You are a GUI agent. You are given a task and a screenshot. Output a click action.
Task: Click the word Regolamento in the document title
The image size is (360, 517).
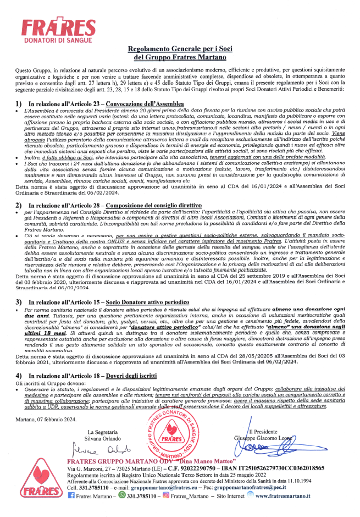tap(152, 49)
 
